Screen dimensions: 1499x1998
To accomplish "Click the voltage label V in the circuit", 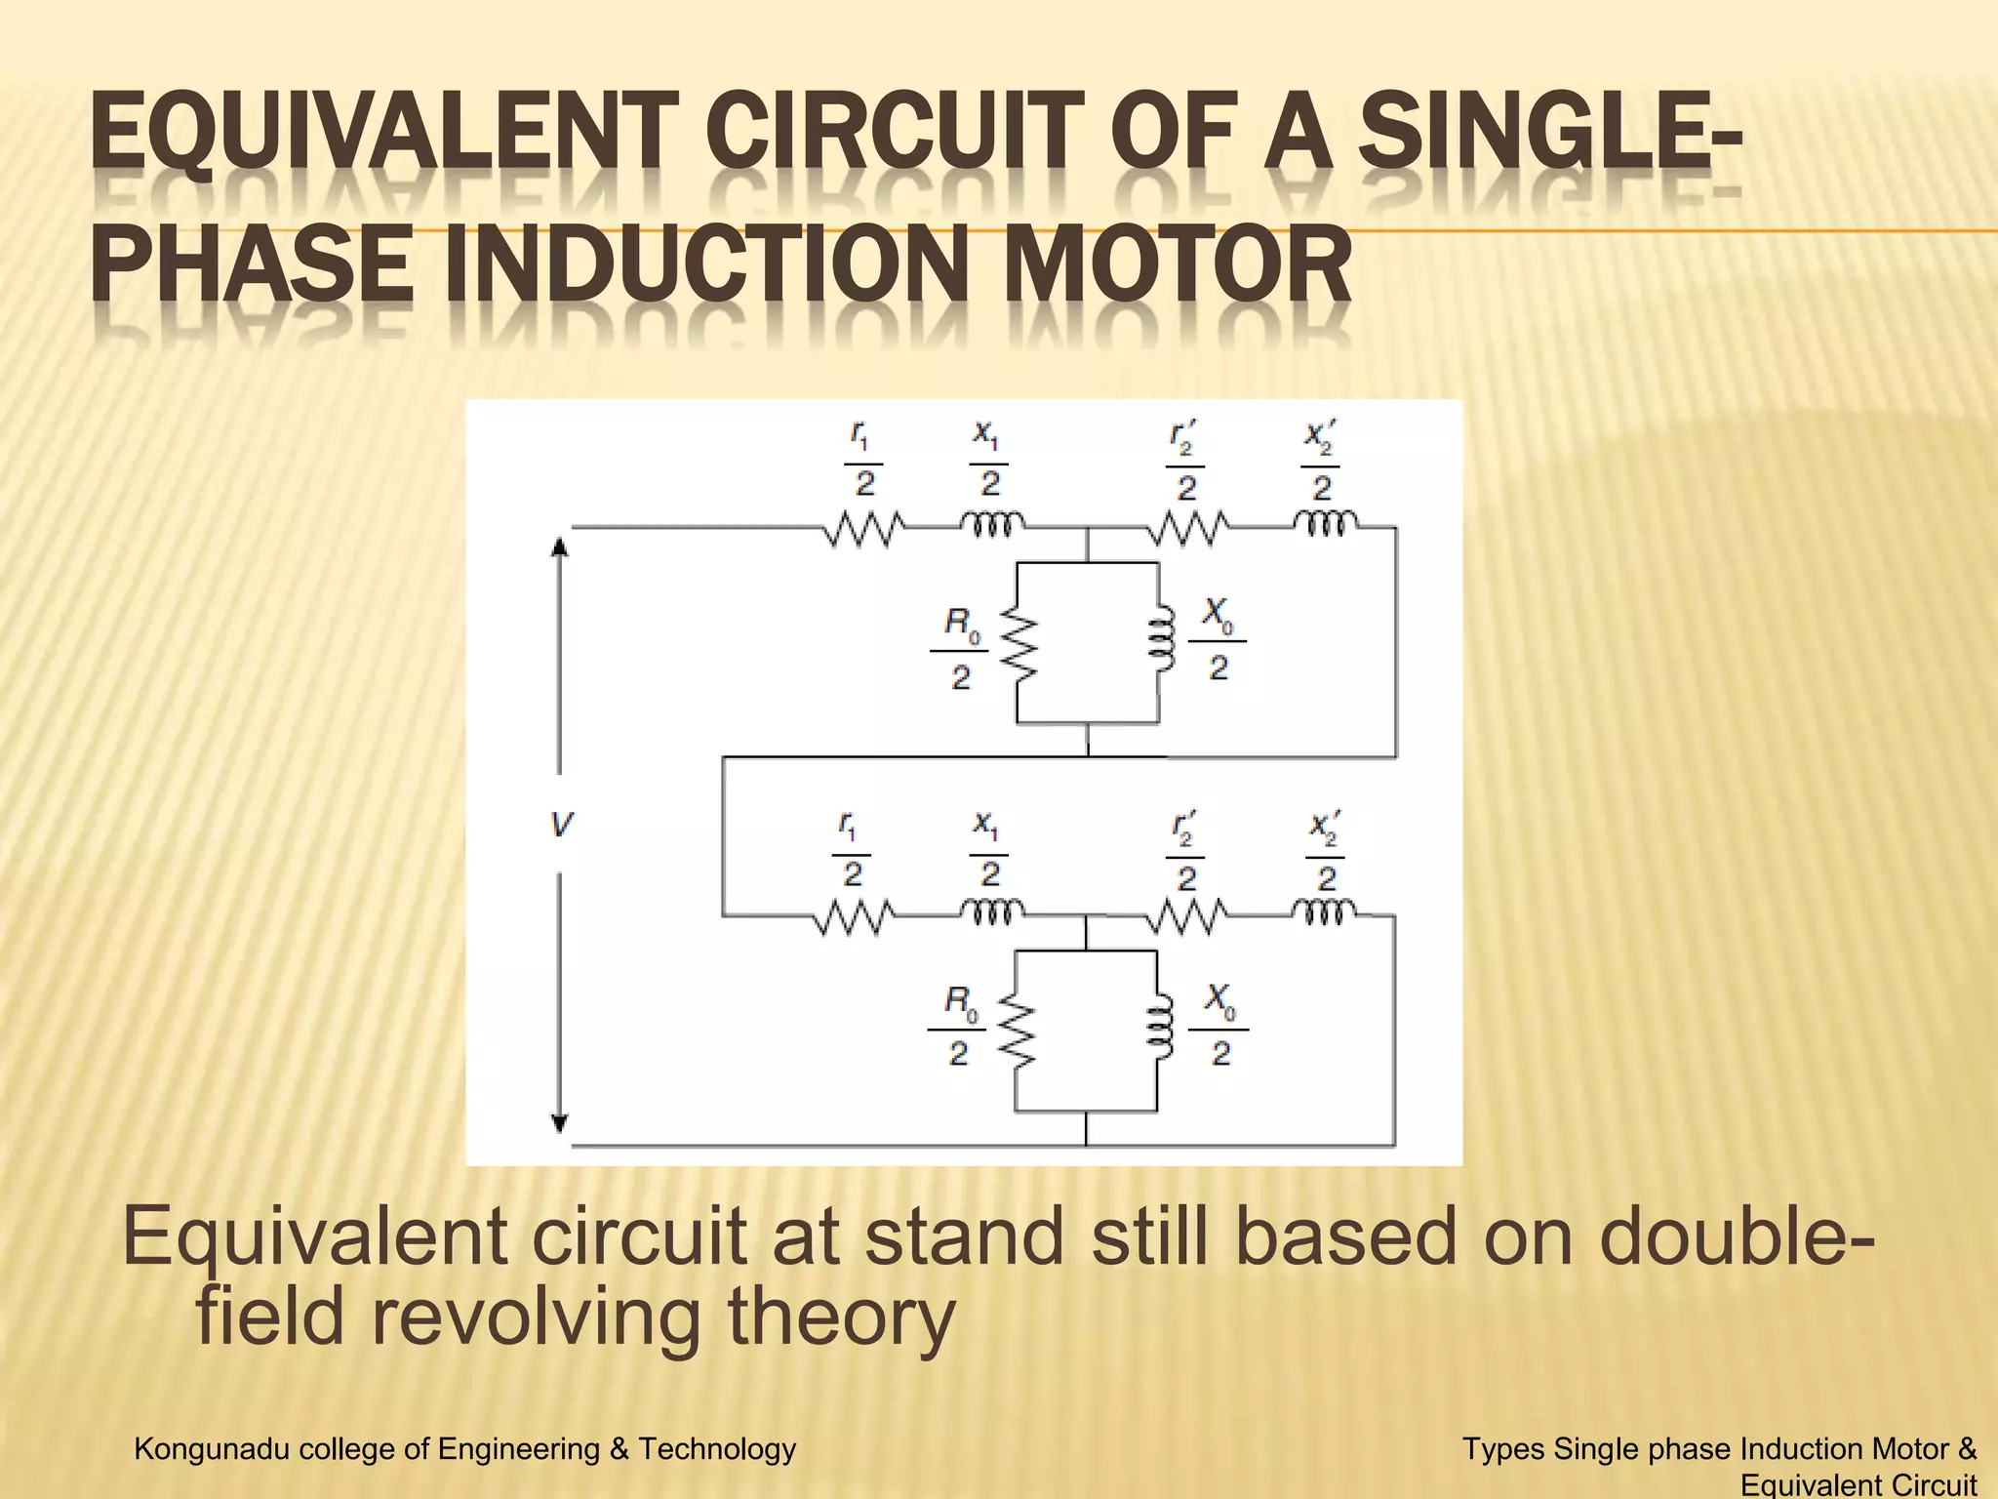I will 561,826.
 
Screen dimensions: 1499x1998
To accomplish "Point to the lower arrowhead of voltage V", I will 560,1123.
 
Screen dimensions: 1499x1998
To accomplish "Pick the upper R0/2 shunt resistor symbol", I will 1019,644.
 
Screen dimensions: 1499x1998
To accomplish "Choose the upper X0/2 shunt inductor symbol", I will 1160,644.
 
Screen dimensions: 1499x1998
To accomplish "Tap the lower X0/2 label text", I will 1219,1026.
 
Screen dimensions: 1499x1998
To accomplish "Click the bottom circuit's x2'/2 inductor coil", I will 1324,913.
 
